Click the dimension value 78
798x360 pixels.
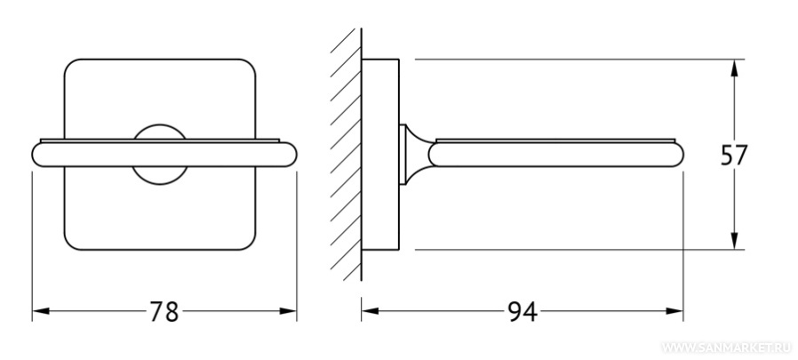(164, 312)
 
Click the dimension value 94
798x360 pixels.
(523, 312)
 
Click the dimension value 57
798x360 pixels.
(734, 156)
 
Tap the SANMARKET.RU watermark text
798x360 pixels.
(726, 348)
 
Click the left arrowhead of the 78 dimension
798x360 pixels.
(41, 311)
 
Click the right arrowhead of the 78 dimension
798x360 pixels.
(288, 311)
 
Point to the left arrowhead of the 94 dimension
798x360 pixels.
(370, 311)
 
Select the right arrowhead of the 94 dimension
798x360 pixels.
(674, 311)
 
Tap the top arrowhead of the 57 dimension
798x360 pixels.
(734, 68)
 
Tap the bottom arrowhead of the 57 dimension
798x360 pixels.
(734, 241)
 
